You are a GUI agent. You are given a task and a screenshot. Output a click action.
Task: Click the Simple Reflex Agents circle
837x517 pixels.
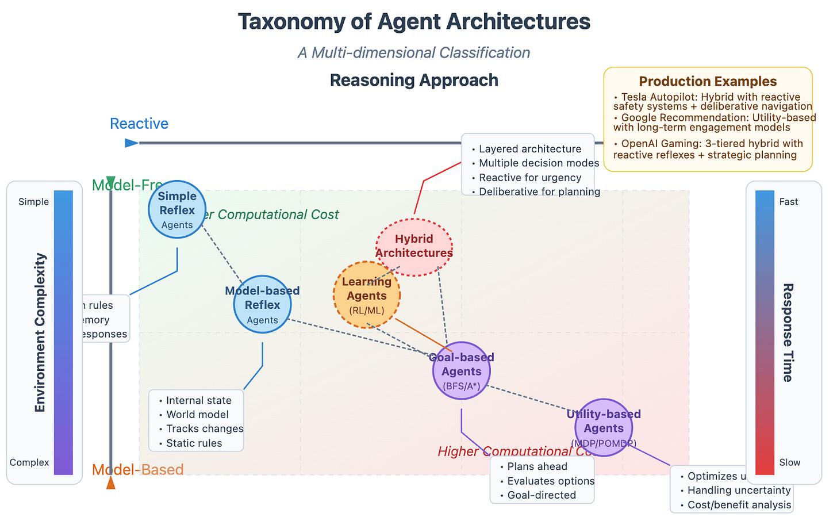coord(177,209)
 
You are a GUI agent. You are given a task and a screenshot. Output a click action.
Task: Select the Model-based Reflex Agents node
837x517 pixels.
coord(262,304)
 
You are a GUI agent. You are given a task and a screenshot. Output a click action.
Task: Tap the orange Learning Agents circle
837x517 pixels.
coord(367,295)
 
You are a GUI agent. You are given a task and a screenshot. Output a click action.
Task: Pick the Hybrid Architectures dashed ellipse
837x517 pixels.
coord(414,246)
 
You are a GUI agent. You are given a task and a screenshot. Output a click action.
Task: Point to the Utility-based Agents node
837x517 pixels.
coord(604,427)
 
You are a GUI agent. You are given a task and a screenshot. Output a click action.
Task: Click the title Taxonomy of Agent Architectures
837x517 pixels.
coord(414,22)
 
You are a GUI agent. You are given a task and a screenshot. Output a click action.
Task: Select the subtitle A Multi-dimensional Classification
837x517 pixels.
coord(414,53)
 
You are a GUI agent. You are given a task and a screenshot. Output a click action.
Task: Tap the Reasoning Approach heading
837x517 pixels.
coord(414,80)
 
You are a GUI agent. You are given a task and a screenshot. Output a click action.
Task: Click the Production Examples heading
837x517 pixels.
coord(708,82)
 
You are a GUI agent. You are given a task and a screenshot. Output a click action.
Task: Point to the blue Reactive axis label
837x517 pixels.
coord(139,124)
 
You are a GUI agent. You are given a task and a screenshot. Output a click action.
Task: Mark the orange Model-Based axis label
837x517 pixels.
coord(138,469)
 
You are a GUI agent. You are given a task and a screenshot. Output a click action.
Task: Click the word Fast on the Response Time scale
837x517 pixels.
coord(789,202)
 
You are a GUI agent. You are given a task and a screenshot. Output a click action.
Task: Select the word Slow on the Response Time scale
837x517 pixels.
coord(790,462)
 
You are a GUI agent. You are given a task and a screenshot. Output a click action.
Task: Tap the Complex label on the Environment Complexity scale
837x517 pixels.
coord(29,462)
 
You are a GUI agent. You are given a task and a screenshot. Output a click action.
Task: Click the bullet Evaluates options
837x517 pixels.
coord(551,481)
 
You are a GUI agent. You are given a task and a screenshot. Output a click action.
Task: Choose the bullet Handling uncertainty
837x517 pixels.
coord(739,491)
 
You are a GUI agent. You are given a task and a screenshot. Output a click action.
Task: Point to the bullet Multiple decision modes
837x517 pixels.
coord(539,163)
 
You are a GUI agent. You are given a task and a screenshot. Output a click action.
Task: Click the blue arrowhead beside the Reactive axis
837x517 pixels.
coord(132,143)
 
